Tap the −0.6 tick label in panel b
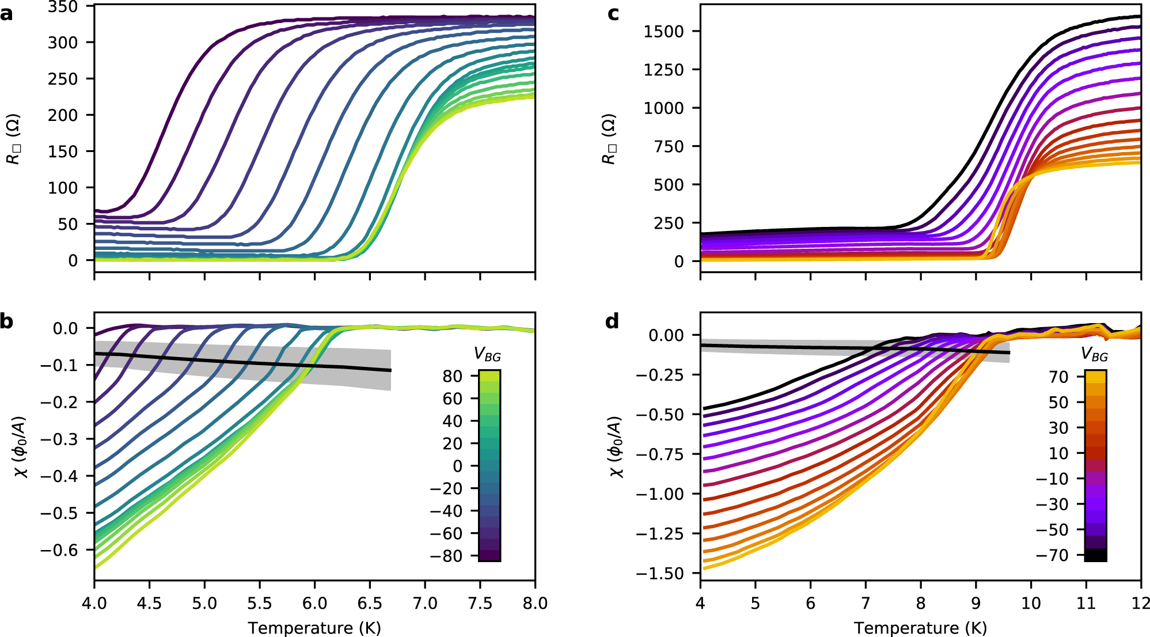pyautogui.click(x=59, y=550)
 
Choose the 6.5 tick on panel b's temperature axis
pyautogui.click(x=370, y=604)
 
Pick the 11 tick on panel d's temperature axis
pyautogui.click(x=1086, y=604)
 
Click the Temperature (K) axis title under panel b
pyautogui.click(x=314, y=628)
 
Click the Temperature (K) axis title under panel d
pyautogui.click(x=920, y=628)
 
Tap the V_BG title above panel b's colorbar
pyautogui.click(x=487, y=355)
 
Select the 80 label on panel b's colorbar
pyautogui.click(x=453, y=377)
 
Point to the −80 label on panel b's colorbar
pyautogui.click(x=446, y=556)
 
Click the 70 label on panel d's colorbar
pyautogui.click(x=1058, y=377)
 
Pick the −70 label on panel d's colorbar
pyautogui.click(x=1052, y=555)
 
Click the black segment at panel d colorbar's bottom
pyautogui.click(x=1095, y=555)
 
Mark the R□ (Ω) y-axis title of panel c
pyautogui.click(x=609, y=139)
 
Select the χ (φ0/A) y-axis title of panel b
pyautogui.click(x=22, y=447)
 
